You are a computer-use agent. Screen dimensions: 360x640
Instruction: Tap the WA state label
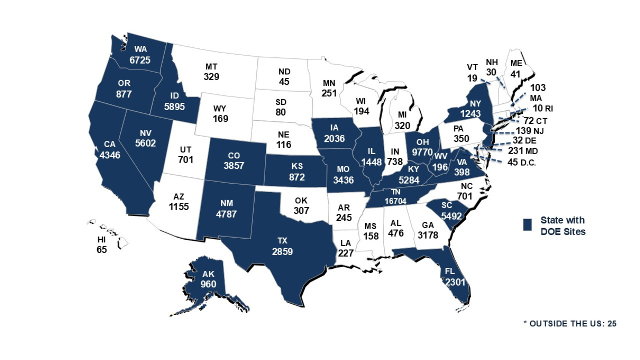(x=140, y=49)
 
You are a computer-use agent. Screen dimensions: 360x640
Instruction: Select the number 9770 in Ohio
(x=422, y=153)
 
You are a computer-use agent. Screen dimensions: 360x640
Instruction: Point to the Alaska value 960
(x=208, y=284)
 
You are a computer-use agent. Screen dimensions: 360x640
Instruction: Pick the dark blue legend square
(x=527, y=225)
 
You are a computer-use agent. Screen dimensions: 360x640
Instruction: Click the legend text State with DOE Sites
(x=563, y=226)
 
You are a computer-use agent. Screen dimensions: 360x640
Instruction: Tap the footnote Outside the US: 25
(x=569, y=323)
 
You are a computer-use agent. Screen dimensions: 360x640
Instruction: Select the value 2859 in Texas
(x=282, y=251)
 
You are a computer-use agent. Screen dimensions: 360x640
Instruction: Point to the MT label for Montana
(x=211, y=66)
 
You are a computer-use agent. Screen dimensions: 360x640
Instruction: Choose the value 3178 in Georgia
(x=429, y=233)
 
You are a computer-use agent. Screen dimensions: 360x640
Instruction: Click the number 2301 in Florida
(x=455, y=282)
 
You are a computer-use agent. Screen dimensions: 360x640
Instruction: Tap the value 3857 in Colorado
(x=235, y=166)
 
